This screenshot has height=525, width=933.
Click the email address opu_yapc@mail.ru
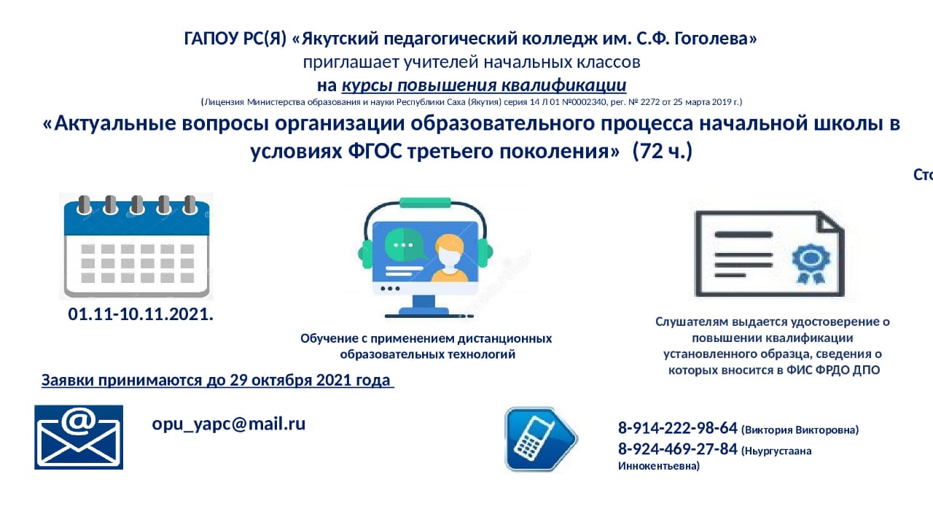[229, 424]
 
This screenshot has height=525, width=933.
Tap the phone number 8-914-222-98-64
[678, 428]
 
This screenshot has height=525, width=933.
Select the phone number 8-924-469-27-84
[678, 449]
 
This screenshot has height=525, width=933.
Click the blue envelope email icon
[79, 437]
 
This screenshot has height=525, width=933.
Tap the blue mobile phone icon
[541, 439]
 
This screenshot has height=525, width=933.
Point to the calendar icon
[136, 246]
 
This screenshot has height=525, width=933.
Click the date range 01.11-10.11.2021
[141, 314]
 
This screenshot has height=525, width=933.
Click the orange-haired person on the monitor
[449, 258]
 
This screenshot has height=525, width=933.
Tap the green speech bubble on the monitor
[405, 244]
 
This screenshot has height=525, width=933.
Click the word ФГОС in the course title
[375, 151]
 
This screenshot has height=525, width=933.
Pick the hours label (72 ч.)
[663, 151]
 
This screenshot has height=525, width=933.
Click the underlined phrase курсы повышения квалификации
[484, 85]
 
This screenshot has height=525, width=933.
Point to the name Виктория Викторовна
[800, 430]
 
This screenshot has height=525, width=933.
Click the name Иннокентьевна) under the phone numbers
[659, 466]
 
